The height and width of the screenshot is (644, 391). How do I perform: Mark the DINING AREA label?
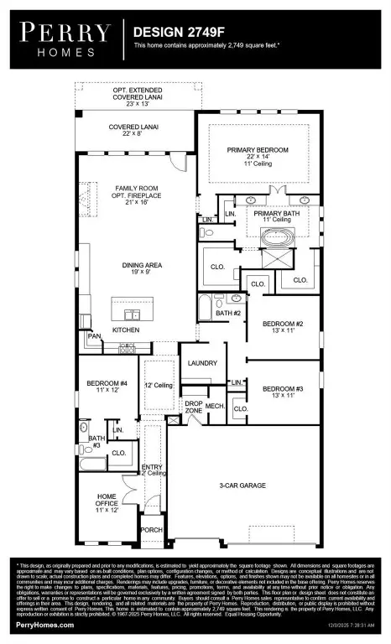tap(134, 265)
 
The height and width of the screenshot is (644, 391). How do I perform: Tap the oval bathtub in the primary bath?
tap(274, 237)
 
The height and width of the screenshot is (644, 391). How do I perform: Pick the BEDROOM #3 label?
tap(284, 389)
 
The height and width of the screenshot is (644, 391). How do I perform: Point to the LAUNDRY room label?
tap(202, 363)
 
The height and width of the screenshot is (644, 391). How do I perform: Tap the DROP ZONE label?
tap(194, 406)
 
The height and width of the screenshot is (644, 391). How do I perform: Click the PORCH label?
tap(151, 529)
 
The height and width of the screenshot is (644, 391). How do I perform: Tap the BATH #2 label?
tap(227, 313)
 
